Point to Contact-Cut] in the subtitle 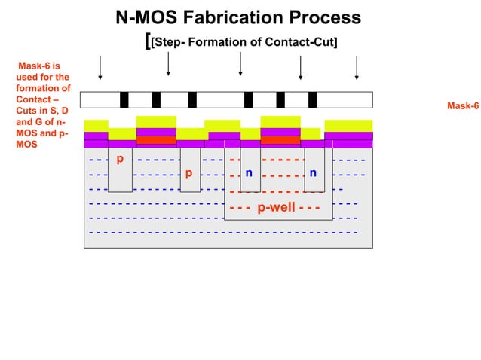click(x=300, y=41)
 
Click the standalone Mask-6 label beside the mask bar click(x=463, y=105)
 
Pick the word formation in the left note click(x=38, y=88)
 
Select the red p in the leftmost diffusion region click(x=119, y=159)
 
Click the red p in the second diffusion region click(x=188, y=172)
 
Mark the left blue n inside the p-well click(x=249, y=172)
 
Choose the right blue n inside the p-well click(x=313, y=172)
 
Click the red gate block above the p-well click(x=280, y=139)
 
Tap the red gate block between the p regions click(x=156, y=139)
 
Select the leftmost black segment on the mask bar click(x=124, y=99)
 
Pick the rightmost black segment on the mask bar click(x=312, y=99)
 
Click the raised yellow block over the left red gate click(x=156, y=121)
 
